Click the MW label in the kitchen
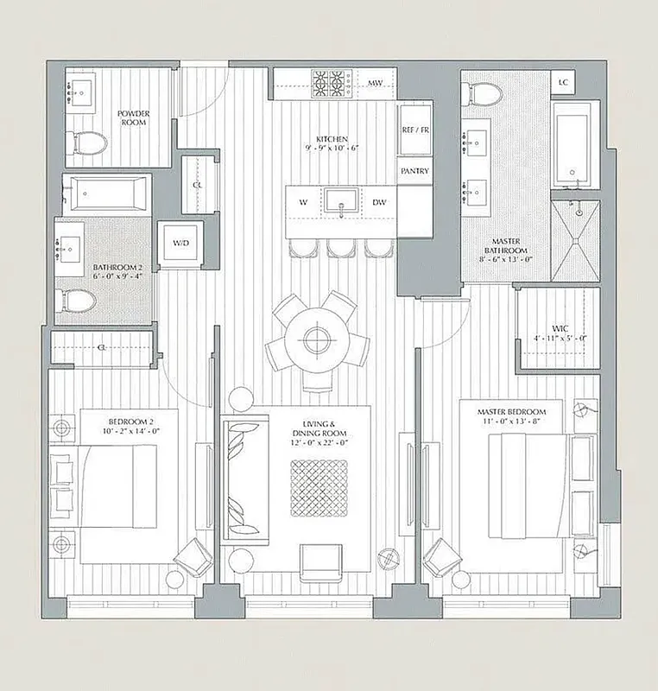(x=376, y=84)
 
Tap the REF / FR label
(x=414, y=130)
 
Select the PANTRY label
(x=414, y=171)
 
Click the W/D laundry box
(x=180, y=244)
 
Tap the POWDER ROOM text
(x=133, y=117)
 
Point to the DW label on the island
(x=379, y=202)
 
